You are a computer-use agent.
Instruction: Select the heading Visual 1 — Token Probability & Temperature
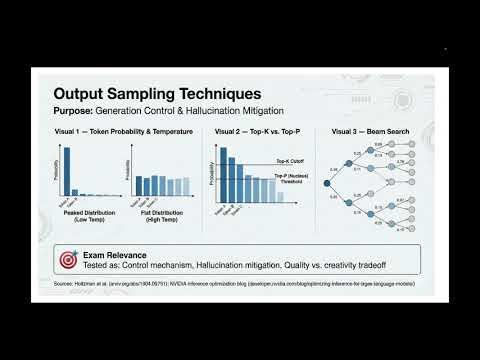[123, 131]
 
